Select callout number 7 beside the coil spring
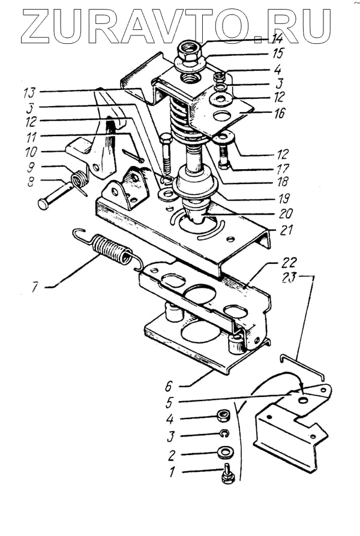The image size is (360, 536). click(35, 287)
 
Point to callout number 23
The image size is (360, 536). click(289, 278)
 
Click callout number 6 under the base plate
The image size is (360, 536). click(169, 387)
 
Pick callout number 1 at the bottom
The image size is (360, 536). click(172, 472)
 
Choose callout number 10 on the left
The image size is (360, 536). click(31, 152)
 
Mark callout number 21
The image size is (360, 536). click(286, 230)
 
